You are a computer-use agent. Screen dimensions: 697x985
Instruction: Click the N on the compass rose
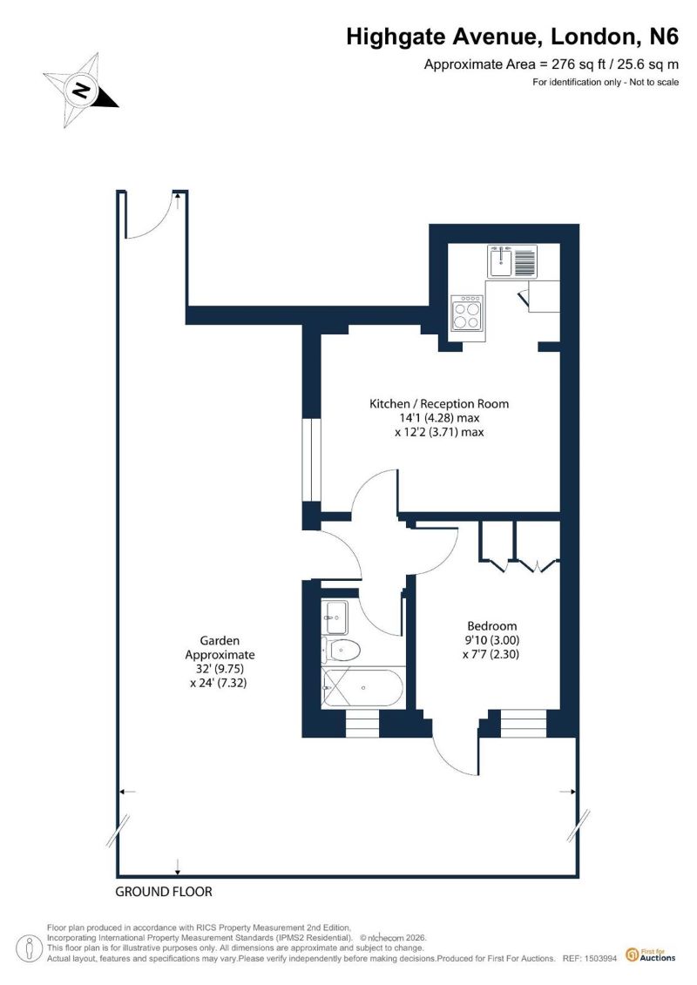click(x=80, y=90)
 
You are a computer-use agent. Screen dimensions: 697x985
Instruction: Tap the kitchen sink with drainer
click(x=513, y=261)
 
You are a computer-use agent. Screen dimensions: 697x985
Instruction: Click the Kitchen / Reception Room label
click(x=439, y=404)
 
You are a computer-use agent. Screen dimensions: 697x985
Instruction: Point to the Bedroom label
click(x=492, y=625)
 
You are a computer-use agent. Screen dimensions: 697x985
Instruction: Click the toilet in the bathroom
click(x=340, y=650)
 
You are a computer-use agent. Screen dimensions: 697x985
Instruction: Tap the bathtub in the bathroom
click(x=362, y=688)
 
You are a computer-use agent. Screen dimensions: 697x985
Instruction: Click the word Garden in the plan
click(x=220, y=641)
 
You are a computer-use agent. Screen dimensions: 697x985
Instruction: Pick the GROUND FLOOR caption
click(x=164, y=892)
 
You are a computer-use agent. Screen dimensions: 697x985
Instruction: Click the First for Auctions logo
click(x=651, y=955)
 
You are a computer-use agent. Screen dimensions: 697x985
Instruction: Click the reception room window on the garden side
click(x=311, y=459)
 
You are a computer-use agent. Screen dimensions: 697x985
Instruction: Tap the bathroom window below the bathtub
click(x=362, y=724)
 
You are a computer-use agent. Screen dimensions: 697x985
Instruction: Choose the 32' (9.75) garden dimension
click(x=220, y=668)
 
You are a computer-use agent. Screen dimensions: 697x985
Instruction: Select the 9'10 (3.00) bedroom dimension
click(x=492, y=640)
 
